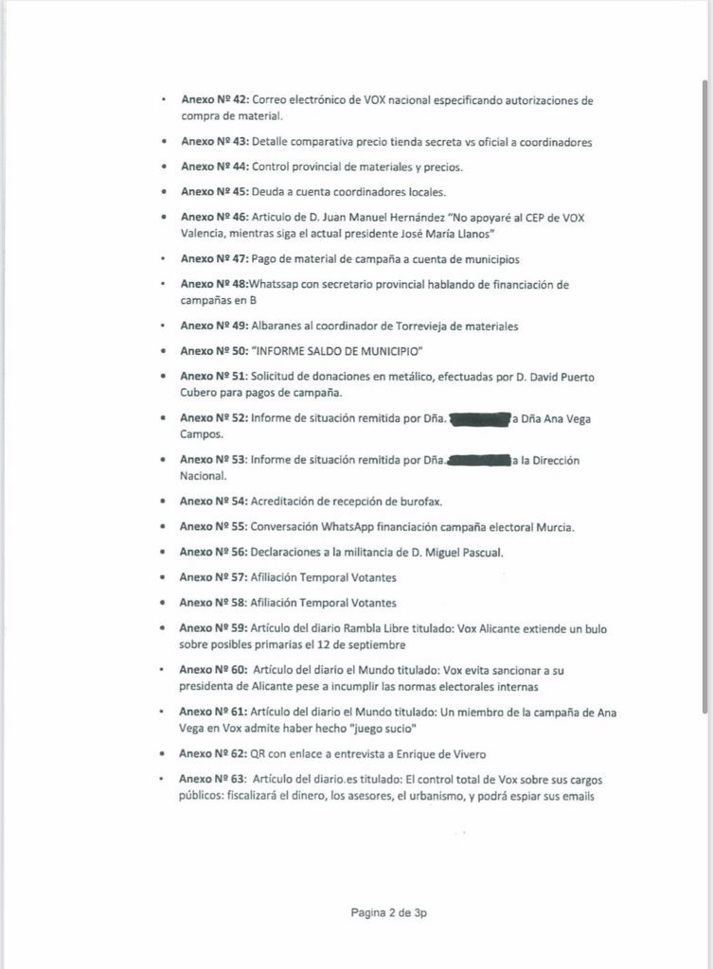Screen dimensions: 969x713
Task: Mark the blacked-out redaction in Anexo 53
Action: click(x=478, y=461)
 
